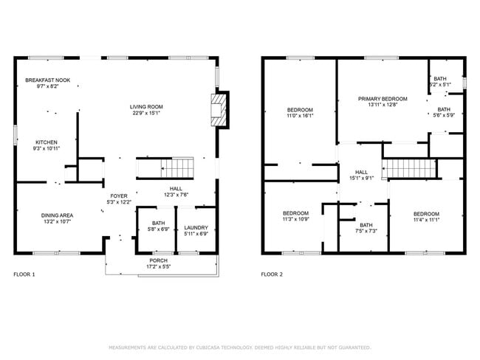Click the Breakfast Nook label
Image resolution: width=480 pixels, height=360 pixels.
[x=47, y=80]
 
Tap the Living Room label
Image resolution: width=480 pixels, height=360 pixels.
[x=146, y=106]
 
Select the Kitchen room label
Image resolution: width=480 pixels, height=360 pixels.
[x=47, y=142]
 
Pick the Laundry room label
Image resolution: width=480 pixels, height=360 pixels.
[x=196, y=227]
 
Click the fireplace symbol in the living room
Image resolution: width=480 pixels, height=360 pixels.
[x=219, y=109]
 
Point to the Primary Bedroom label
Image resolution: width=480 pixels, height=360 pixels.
[x=383, y=98]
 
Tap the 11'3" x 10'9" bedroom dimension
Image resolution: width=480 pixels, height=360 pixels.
[x=295, y=219]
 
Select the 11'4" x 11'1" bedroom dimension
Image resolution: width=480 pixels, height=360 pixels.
[x=426, y=219]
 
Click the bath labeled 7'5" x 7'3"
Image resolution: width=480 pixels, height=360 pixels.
[x=366, y=231]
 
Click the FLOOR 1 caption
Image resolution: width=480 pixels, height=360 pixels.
[x=24, y=274]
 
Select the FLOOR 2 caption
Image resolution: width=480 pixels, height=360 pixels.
[x=272, y=274]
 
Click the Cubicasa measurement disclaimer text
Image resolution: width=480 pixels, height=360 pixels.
[x=239, y=347]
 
